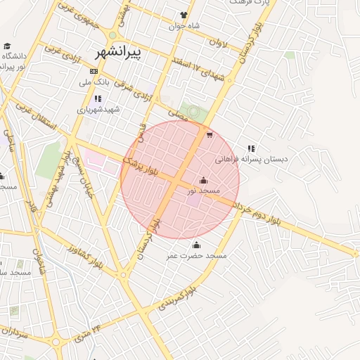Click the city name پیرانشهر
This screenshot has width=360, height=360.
117,52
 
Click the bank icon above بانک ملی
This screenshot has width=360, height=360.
94,72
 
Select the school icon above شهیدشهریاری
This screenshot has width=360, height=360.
98,98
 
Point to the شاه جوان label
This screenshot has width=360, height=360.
185,26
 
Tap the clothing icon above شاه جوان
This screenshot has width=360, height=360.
184,15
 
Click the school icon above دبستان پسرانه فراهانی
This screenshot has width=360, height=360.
251,148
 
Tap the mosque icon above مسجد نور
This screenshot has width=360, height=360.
204,180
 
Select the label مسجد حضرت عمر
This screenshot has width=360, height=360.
197,255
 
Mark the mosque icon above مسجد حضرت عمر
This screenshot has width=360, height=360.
196,245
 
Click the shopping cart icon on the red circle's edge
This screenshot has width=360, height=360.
210,135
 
